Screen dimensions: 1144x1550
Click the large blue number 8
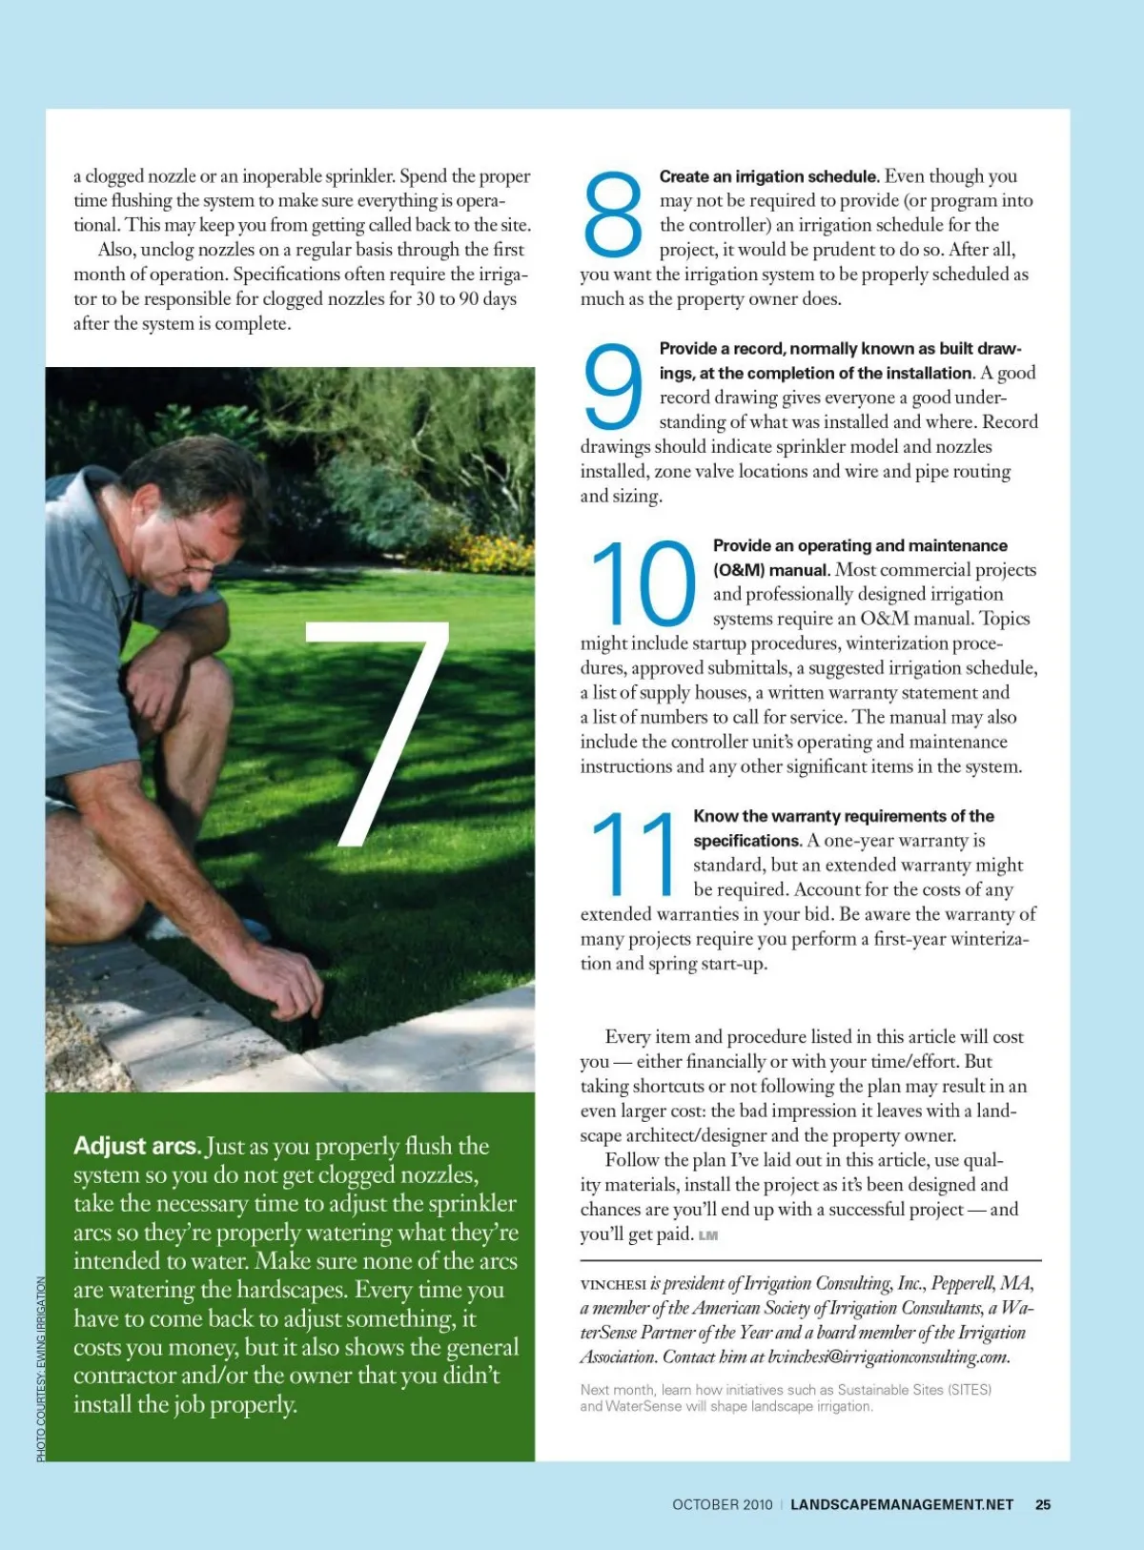point(613,214)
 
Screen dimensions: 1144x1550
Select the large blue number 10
point(643,582)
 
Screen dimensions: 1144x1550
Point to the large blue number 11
point(632,853)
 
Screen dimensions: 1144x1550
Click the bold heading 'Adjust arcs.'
point(137,1146)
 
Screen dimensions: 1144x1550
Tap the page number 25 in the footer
point(1043,1504)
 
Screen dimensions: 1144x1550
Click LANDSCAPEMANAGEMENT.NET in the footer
point(902,1504)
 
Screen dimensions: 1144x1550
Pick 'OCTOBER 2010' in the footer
point(723,1504)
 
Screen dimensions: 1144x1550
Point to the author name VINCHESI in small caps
point(613,1284)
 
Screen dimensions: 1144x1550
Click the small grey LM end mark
point(708,1235)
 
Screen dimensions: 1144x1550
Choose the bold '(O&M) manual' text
point(770,569)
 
